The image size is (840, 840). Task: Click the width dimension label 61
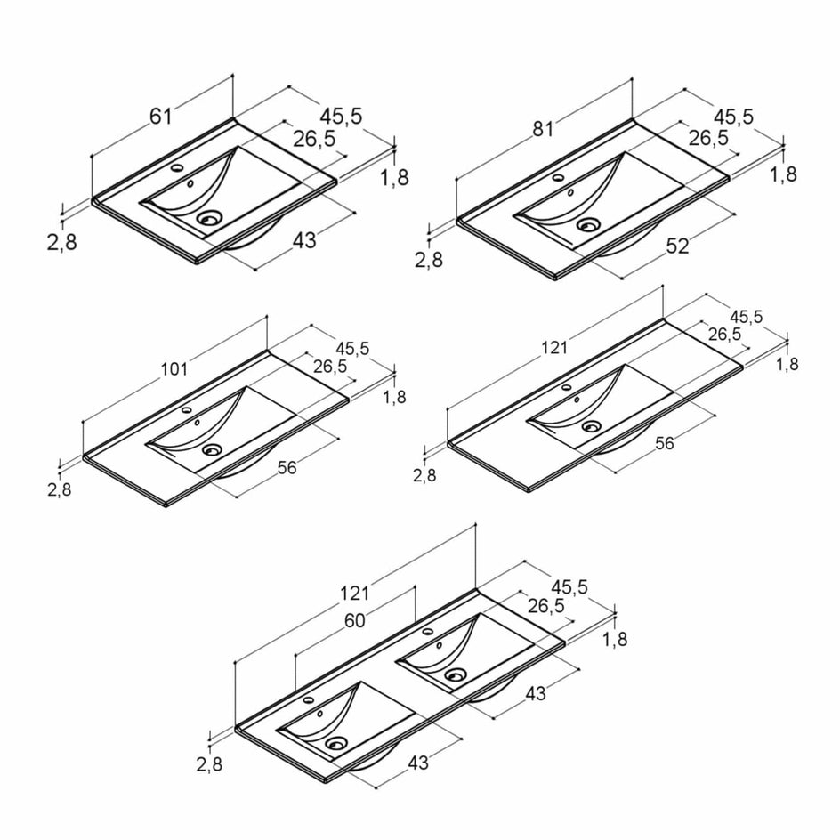coord(159,115)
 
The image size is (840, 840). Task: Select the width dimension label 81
coord(543,129)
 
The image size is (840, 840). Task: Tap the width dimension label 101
coord(175,368)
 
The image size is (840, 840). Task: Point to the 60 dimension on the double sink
coord(354,621)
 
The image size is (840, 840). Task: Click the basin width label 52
coord(677,246)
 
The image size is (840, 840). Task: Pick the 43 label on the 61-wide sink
coord(304,240)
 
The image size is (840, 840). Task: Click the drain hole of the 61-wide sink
coord(210,216)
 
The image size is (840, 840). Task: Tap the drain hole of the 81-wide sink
coord(586,225)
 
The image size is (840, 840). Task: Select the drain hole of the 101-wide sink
coord(211,450)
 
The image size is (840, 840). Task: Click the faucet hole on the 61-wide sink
coord(176,168)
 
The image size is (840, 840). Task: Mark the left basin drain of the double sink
coord(336,741)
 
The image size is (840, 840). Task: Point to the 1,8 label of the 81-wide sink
coord(783,174)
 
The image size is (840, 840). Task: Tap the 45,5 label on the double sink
coord(569,586)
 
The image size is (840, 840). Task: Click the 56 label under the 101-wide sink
coord(287,468)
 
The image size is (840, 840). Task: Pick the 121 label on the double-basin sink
coord(353,593)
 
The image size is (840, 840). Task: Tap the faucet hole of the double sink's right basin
coord(428,631)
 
